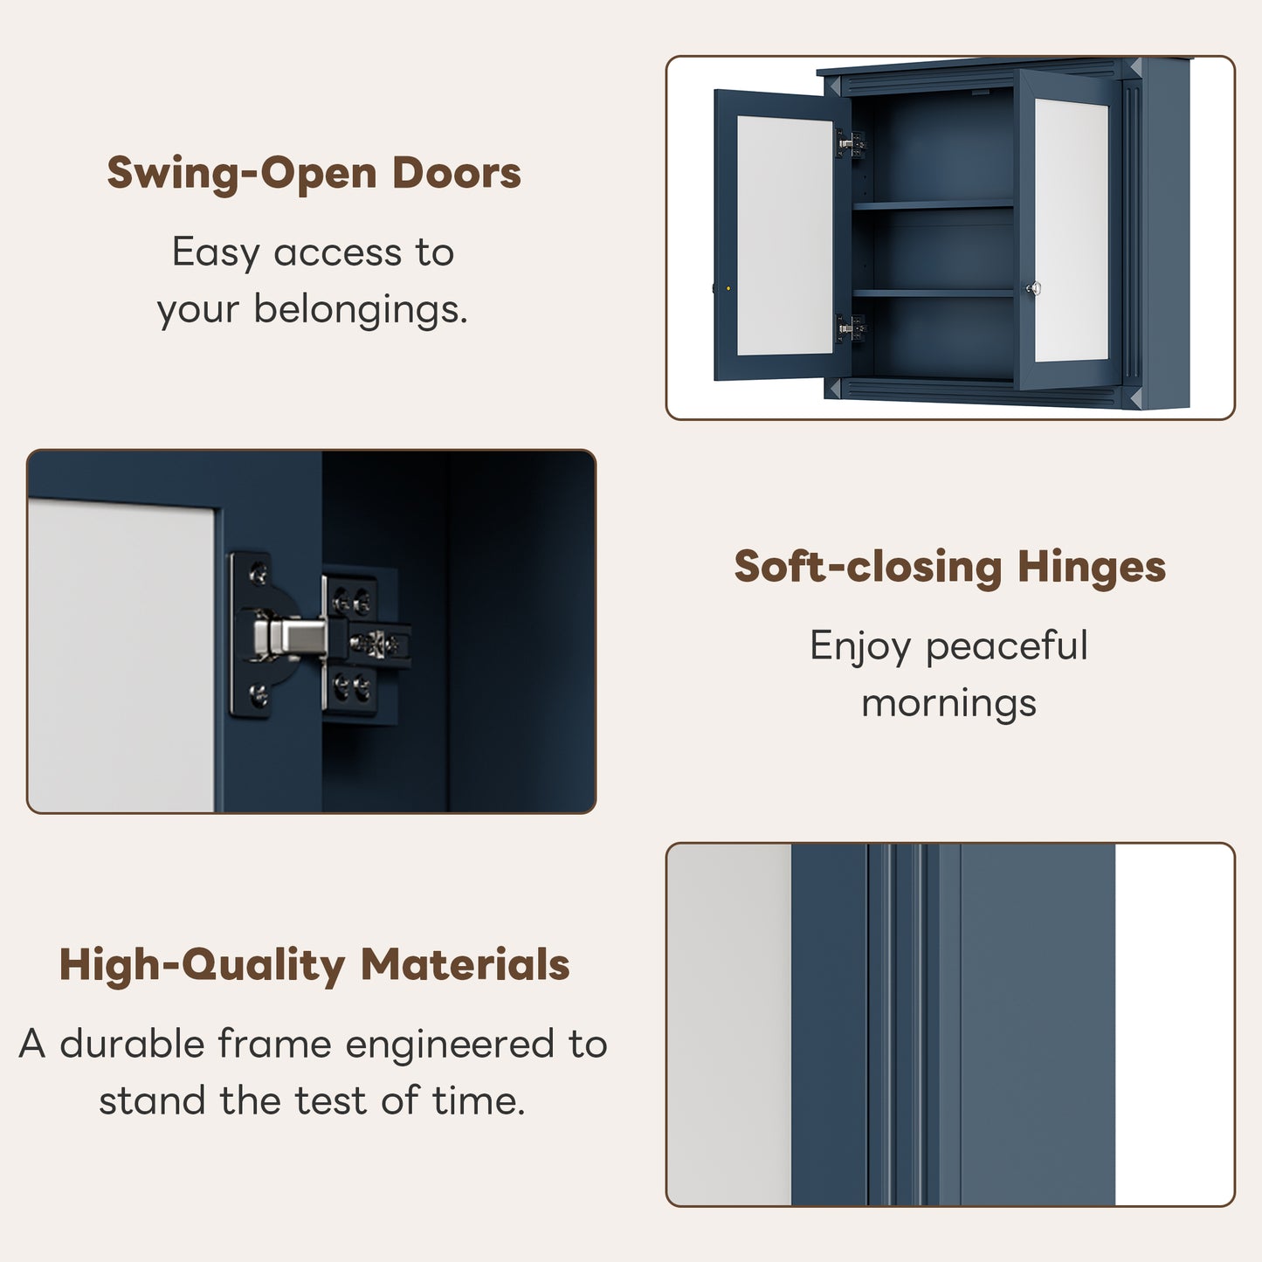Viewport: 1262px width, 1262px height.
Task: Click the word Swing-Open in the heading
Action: [x=242, y=174]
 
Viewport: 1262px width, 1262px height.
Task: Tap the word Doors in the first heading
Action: [x=457, y=173]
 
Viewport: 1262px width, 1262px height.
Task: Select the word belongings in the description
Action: [x=361, y=310]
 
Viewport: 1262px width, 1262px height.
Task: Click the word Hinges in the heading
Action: [x=1092, y=567]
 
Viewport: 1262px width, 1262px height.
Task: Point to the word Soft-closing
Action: [x=868, y=567]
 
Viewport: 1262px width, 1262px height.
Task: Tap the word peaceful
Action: [x=1007, y=646]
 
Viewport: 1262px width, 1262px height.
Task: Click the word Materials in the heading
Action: [x=465, y=965]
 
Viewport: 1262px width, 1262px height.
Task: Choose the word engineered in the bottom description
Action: [x=450, y=1044]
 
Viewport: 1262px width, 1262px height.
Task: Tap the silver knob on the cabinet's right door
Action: [x=1033, y=287]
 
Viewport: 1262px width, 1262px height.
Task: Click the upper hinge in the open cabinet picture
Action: [x=851, y=143]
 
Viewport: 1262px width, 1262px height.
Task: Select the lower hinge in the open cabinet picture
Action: [x=851, y=328]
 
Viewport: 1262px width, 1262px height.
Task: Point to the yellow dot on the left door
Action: [x=728, y=288]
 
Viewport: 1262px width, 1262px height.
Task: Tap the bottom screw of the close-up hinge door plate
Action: [x=259, y=693]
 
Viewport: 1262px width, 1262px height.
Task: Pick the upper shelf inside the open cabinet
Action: [x=933, y=205]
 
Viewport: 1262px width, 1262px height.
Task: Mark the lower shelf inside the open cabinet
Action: [x=933, y=293]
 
